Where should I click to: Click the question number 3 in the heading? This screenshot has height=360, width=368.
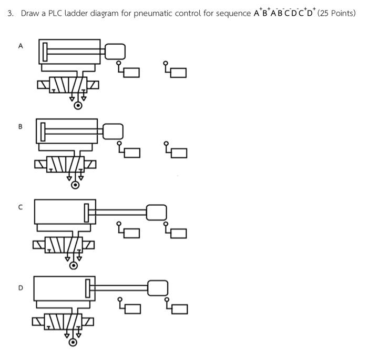tap(10, 13)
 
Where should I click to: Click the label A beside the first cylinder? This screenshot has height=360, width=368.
tap(21, 46)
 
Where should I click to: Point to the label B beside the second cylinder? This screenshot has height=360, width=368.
tap(21, 127)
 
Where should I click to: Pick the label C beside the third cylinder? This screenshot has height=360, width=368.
tap(21, 207)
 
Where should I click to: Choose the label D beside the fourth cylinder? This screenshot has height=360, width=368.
tap(21, 288)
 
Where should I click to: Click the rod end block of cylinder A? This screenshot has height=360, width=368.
tap(115, 51)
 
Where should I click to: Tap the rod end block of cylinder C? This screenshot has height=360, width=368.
tap(156, 213)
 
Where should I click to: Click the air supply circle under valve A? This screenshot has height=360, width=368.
tap(78, 106)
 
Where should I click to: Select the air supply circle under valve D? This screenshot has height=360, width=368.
tap(73, 343)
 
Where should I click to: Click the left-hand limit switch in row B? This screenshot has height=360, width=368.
tap(132, 152)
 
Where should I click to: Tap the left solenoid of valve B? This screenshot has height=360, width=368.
tap(40, 165)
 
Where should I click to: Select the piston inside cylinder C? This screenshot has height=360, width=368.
tap(87, 212)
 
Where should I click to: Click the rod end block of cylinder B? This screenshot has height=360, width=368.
tap(113, 132)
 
